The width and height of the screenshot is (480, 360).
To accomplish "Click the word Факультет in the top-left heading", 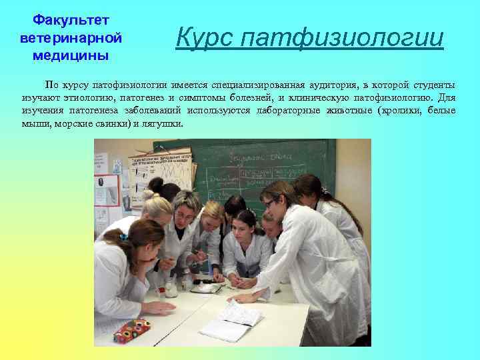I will (x=65, y=22).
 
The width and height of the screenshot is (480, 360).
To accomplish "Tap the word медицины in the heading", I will (x=65, y=55).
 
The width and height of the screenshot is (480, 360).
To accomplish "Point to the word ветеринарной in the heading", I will (x=65, y=39).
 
